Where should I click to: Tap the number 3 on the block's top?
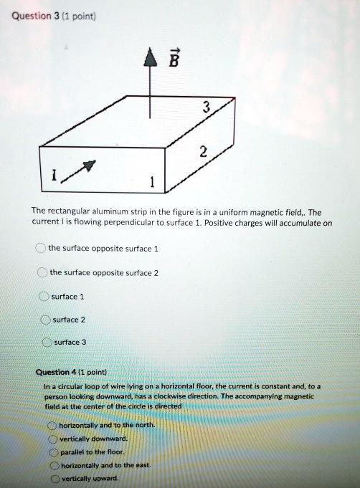coord(207,107)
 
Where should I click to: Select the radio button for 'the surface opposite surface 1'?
coord(41,248)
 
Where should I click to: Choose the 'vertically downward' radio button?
coord(52,439)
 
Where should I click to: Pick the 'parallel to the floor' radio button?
coord(53,451)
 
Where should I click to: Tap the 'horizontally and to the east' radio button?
coord(53,465)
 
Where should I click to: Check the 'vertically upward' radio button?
coord(54,479)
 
